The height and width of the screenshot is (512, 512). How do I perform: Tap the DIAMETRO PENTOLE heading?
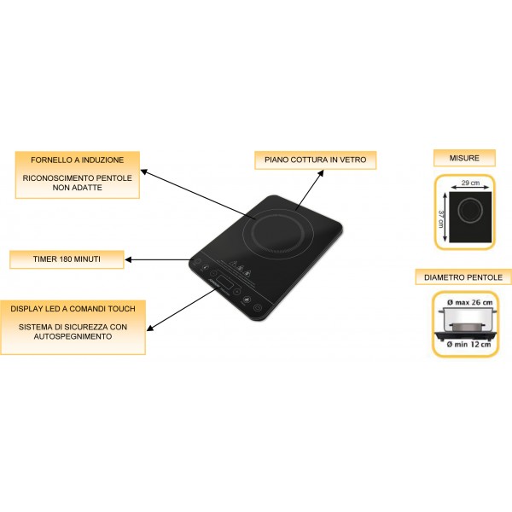pyautogui.click(x=463, y=277)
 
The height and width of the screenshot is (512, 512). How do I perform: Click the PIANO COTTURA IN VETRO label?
pyautogui.click(x=315, y=160)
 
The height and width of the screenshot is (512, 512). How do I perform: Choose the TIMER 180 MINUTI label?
pyautogui.click(x=67, y=257)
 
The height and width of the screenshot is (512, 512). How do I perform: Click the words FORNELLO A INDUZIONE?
pyautogui.click(x=77, y=160)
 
